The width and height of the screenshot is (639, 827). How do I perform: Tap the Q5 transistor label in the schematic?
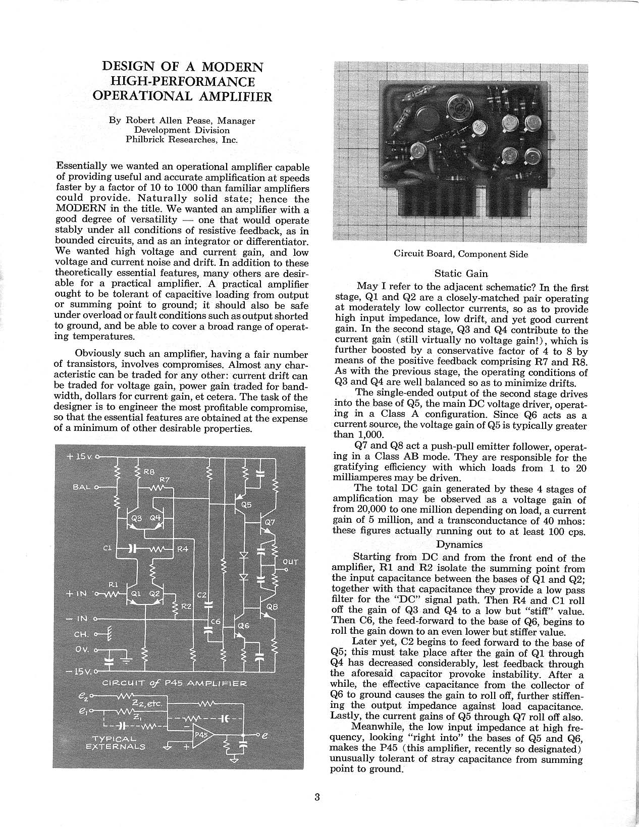pos(246,504)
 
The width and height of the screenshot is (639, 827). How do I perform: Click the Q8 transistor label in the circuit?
pos(272,608)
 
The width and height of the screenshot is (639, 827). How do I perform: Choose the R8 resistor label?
pos(149,472)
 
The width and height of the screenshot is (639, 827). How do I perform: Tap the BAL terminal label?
pos(81,487)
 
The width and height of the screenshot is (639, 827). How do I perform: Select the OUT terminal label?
pos(291,561)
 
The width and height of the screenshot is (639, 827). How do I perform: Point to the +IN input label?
pos(76,594)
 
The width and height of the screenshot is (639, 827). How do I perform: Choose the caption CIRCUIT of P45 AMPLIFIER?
pos(174,684)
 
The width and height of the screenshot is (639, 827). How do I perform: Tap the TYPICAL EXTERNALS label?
pos(116,742)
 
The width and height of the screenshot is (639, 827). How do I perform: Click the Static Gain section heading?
pos(461,273)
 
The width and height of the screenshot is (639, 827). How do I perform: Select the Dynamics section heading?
pos(459,544)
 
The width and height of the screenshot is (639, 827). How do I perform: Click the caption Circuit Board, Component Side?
pos(460,254)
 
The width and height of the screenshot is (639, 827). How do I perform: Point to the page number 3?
pos(317,798)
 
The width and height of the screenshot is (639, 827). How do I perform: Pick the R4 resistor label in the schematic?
pos(182,548)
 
